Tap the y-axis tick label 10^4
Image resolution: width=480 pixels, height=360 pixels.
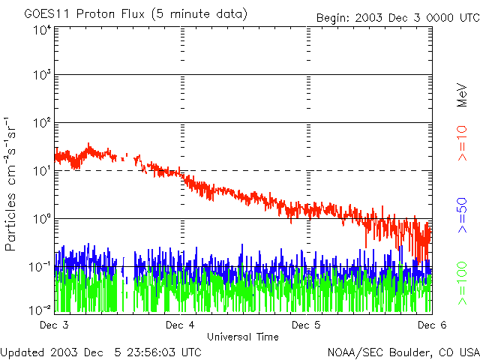pyautogui.click(x=42, y=30)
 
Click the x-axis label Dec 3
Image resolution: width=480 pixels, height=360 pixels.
pyautogui.click(x=55, y=325)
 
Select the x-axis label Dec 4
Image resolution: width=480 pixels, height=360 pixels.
pyautogui.click(x=180, y=325)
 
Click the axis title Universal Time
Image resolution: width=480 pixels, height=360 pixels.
pyautogui.click(x=243, y=337)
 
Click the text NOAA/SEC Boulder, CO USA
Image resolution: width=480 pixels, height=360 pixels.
pyautogui.click(x=403, y=352)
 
